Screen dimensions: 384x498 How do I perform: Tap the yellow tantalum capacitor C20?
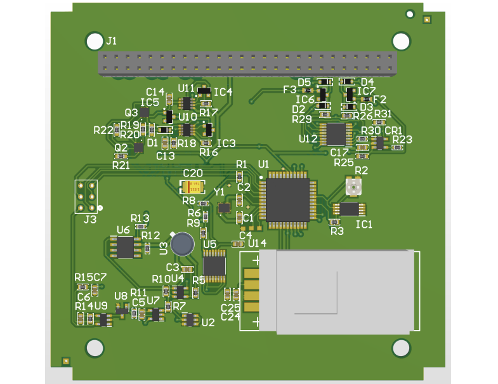point(193,187)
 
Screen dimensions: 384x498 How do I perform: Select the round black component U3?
point(183,244)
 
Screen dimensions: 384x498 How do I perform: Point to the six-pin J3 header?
point(86,197)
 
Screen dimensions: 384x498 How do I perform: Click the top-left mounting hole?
point(95,42)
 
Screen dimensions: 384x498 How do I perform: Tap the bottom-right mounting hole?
point(401,347)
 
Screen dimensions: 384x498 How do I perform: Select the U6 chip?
point(126,247)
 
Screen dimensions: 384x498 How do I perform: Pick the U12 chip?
point(336,134)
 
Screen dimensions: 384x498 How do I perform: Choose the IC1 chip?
point(348,209)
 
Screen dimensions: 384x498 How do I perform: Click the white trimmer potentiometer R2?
point(353,187)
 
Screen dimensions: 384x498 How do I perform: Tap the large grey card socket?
point(336,291)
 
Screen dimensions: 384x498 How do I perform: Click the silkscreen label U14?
point(257,243)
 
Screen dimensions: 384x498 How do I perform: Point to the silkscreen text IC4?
point(223,92)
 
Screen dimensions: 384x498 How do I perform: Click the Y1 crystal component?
point(223,208)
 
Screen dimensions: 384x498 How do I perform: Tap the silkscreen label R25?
point(343,162)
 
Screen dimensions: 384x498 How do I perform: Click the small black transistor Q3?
point(145,112)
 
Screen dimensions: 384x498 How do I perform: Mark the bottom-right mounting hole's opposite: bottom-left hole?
point(95,348)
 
